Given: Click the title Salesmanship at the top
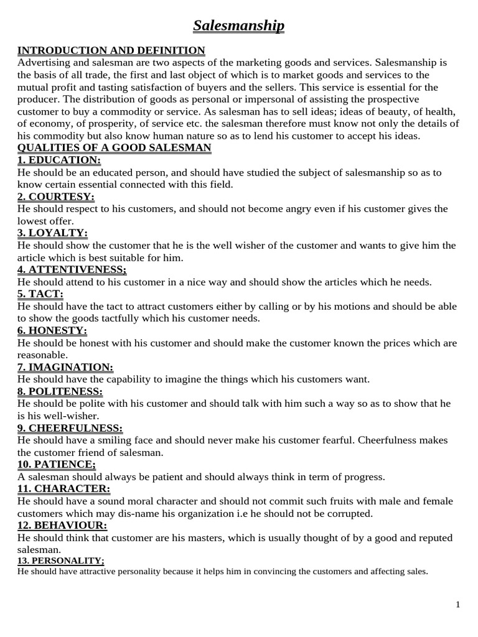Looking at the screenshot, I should (238, 26).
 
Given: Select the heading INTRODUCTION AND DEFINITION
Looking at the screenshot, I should (111, 50).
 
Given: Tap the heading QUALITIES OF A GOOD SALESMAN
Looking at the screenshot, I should (115, 147).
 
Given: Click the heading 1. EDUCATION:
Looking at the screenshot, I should (59, 160).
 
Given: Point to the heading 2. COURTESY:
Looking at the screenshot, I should (56, 197).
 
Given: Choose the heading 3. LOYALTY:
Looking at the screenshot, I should (53, 233).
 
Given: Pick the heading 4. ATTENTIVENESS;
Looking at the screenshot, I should (72, 269).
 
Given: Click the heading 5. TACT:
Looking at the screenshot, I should (40, 294).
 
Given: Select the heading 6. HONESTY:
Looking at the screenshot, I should (52, 330).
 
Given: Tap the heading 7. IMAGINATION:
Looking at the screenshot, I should (65, 367).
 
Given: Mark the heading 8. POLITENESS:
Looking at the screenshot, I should (60, 391).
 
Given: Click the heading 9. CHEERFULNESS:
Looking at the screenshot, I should (70, 428).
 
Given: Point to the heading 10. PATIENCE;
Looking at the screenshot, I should (57, 465).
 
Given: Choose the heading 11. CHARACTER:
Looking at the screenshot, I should (63, 489).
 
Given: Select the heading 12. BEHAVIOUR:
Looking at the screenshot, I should (62, 526).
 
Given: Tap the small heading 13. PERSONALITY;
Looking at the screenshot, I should (60, 561).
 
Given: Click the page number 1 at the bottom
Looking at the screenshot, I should (457, 605).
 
